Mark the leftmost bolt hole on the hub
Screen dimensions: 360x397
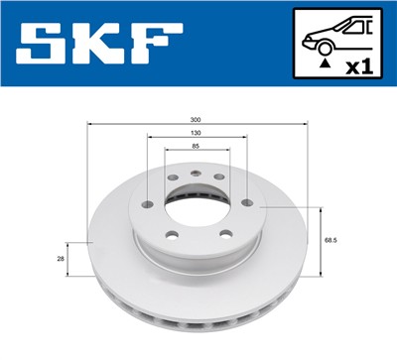point(146,204)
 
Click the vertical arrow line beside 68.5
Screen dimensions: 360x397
point(320,239)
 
